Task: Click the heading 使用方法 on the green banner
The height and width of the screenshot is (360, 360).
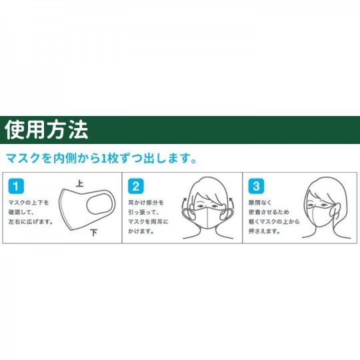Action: click(x=47, y=130)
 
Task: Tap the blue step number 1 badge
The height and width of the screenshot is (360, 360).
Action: click(x=16, y=186)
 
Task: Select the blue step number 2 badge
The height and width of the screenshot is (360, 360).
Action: click(x=136, y=186)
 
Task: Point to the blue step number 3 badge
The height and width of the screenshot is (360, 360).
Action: click(x=256, y=186)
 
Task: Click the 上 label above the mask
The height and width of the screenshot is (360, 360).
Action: click(x=80, y=184)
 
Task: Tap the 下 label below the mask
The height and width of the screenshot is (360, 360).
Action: click(x=94, y=233)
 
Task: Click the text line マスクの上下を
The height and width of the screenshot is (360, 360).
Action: click(x=29, y=203)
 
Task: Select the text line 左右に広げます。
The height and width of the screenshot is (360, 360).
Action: click(x=31, y=222)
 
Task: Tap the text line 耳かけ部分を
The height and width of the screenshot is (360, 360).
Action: click(x=146, y=203)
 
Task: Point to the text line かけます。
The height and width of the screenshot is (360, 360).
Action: click(x=141, y=231)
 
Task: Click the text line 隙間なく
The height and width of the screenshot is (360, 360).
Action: click(x=260, y=203)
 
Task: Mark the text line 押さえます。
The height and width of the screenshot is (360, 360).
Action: click(x=264, y=231)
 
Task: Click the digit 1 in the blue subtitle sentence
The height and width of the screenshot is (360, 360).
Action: click(x=104, y=159)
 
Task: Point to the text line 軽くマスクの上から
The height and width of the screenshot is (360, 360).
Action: click(x=274, y=222)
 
